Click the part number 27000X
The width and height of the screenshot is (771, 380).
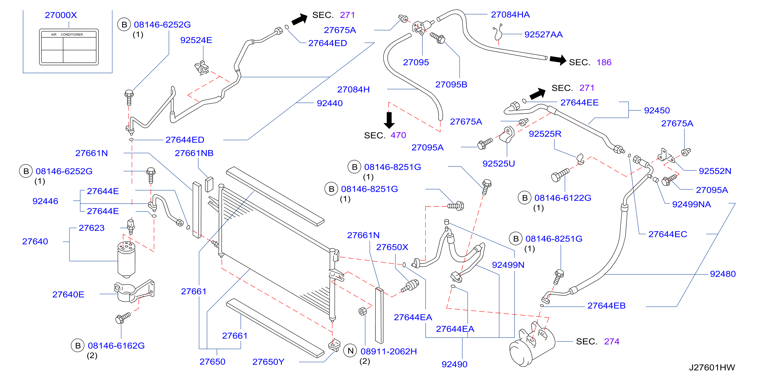click(x=61, y=15)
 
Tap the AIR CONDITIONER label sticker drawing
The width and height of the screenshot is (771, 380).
click(x=69, y=47)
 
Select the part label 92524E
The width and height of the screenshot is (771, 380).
click(x=196, y=40)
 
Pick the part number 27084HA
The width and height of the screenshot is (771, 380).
click(x=510, y=14)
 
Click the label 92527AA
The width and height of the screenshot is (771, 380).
click(x=543, y=35)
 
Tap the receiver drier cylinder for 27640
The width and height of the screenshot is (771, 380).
click(x=126, y=260)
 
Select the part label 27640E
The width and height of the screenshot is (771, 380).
click(x=68, y=294)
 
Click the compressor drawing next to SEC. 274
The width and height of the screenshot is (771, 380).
click(x=532, y=345)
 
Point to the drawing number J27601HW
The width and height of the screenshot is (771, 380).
click(x=712, y=367)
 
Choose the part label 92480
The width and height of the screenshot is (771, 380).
click(x=723, y=274)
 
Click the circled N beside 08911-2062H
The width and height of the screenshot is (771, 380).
click(x=351, y=351)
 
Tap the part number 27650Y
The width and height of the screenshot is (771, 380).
click(x=268, y=362)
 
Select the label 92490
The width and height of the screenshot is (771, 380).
click(x=454, y=364)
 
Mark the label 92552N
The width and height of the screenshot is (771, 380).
click(x=715, y=171)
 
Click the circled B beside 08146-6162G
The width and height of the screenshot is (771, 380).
click(x=78, y=345)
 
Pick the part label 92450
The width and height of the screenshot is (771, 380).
click(x=657, y=110)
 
